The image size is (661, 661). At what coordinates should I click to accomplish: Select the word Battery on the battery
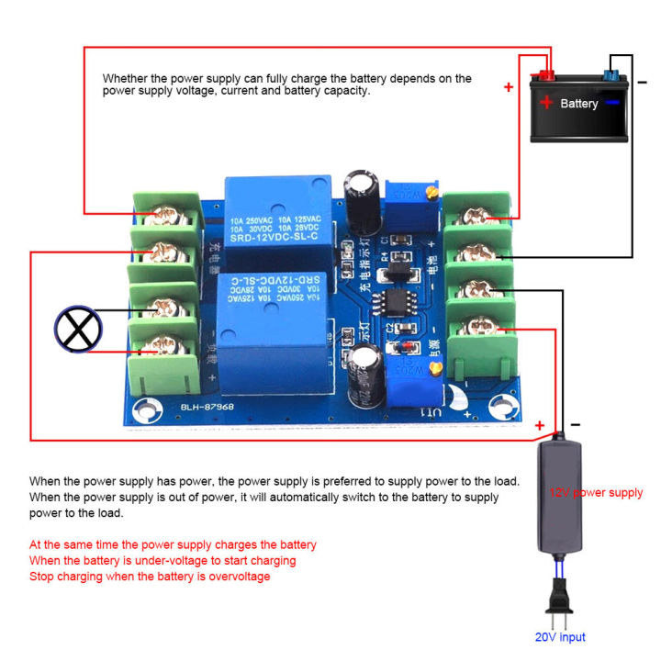coord(579,104)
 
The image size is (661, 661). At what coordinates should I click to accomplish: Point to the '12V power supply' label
coord(596,493)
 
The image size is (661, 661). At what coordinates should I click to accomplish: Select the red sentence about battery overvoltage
coord(150,577)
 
